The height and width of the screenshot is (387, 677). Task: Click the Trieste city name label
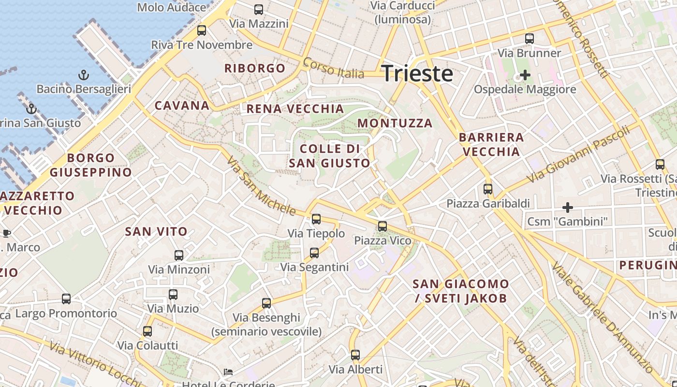pos(417,74)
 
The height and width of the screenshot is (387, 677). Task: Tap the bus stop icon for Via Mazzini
pos(259,9)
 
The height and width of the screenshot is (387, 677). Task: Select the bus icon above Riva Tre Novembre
pos(202,30)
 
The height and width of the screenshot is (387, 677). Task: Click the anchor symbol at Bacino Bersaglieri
pos(84,75)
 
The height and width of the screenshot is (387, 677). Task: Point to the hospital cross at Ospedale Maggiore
pos(525,75)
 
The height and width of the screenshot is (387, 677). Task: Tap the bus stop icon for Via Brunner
pos(530,39)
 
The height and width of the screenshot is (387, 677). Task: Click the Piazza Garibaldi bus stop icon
pos(488,189)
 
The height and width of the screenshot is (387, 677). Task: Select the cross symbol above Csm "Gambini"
pos(568,208)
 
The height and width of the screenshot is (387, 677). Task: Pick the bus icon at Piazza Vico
pos(383,226)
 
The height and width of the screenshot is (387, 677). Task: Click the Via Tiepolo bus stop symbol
pos(316,219)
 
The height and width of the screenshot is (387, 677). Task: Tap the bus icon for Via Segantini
pos(314,253)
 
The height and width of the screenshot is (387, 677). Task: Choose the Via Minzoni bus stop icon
pos(179,255)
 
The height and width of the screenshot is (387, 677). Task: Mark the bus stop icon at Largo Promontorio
pos(66,299)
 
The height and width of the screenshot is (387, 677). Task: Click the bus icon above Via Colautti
pos(147,331)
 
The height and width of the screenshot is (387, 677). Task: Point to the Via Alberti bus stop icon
pos(355,355)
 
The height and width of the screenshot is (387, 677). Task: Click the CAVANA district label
pos(182,105)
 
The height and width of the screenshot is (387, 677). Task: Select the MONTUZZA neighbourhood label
pos(395,123)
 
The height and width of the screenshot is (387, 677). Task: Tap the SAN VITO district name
pos(156,232)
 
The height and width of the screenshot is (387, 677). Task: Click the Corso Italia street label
pos(333,68)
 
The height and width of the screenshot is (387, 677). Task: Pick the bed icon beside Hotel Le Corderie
pos(228,372)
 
